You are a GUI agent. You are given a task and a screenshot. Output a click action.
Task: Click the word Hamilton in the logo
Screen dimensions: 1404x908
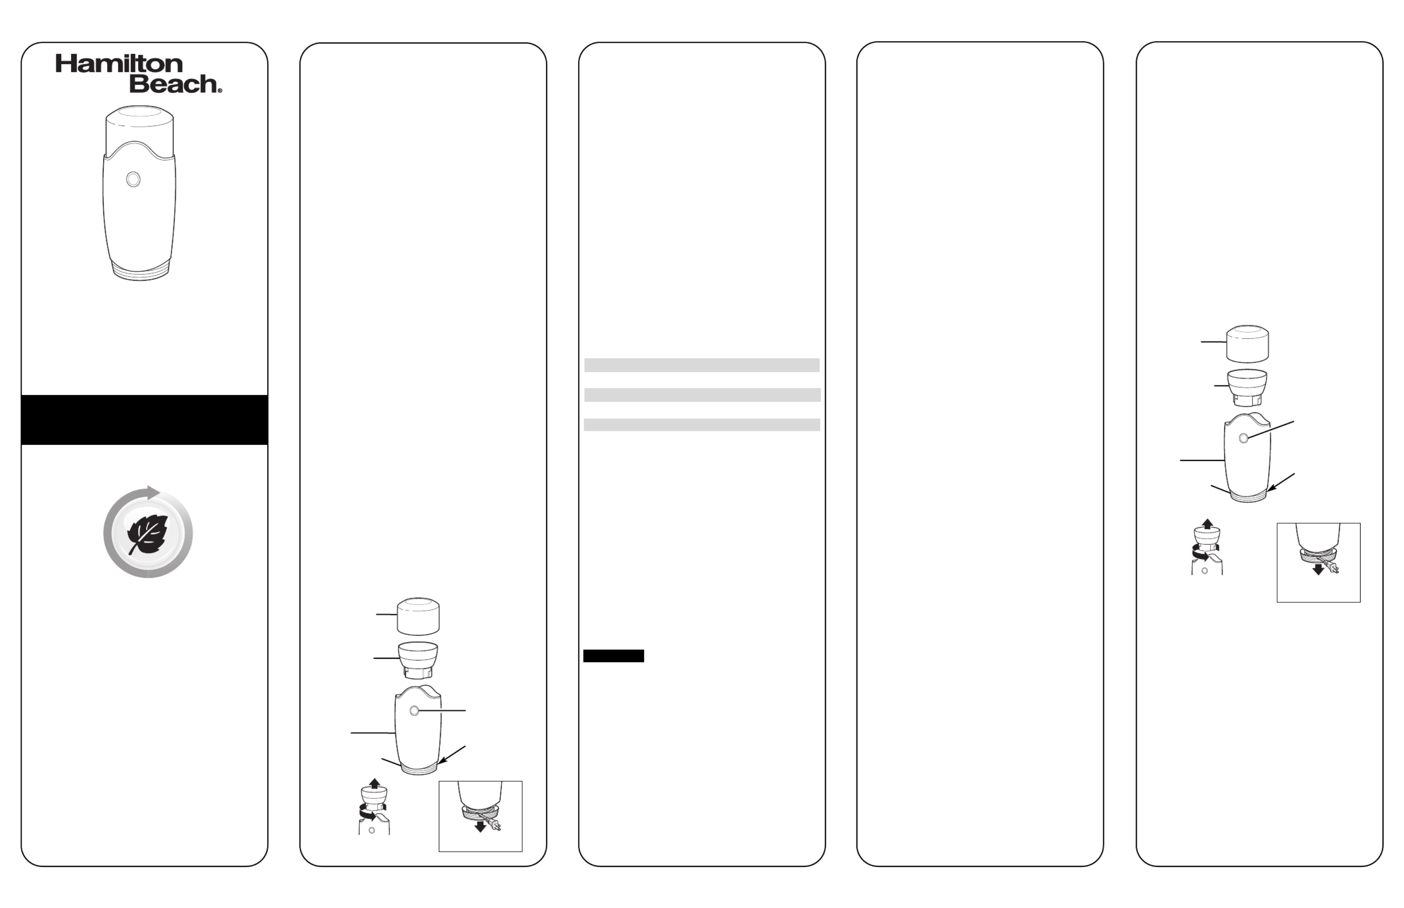point(119,64)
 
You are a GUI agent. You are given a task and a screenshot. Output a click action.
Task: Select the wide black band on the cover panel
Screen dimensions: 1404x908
point(145,420)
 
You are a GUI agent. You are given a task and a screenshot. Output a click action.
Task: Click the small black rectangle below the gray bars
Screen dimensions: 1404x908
point(613,656)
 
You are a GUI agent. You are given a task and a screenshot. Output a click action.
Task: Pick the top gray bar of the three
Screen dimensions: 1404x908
point(702,365)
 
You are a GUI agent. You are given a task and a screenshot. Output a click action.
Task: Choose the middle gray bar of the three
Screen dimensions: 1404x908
point(702,395)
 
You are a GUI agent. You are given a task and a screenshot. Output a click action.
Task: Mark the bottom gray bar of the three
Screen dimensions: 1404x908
point(702,424)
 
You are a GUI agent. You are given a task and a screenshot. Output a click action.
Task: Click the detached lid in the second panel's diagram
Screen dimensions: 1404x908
point(418,616)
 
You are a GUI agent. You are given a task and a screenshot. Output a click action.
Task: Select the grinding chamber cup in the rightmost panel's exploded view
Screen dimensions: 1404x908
point(1247,387)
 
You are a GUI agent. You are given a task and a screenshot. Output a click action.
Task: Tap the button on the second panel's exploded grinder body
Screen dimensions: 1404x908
point(414,711)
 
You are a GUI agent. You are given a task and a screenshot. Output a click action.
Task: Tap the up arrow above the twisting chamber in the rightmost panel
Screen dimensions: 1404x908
point(1207,524)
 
